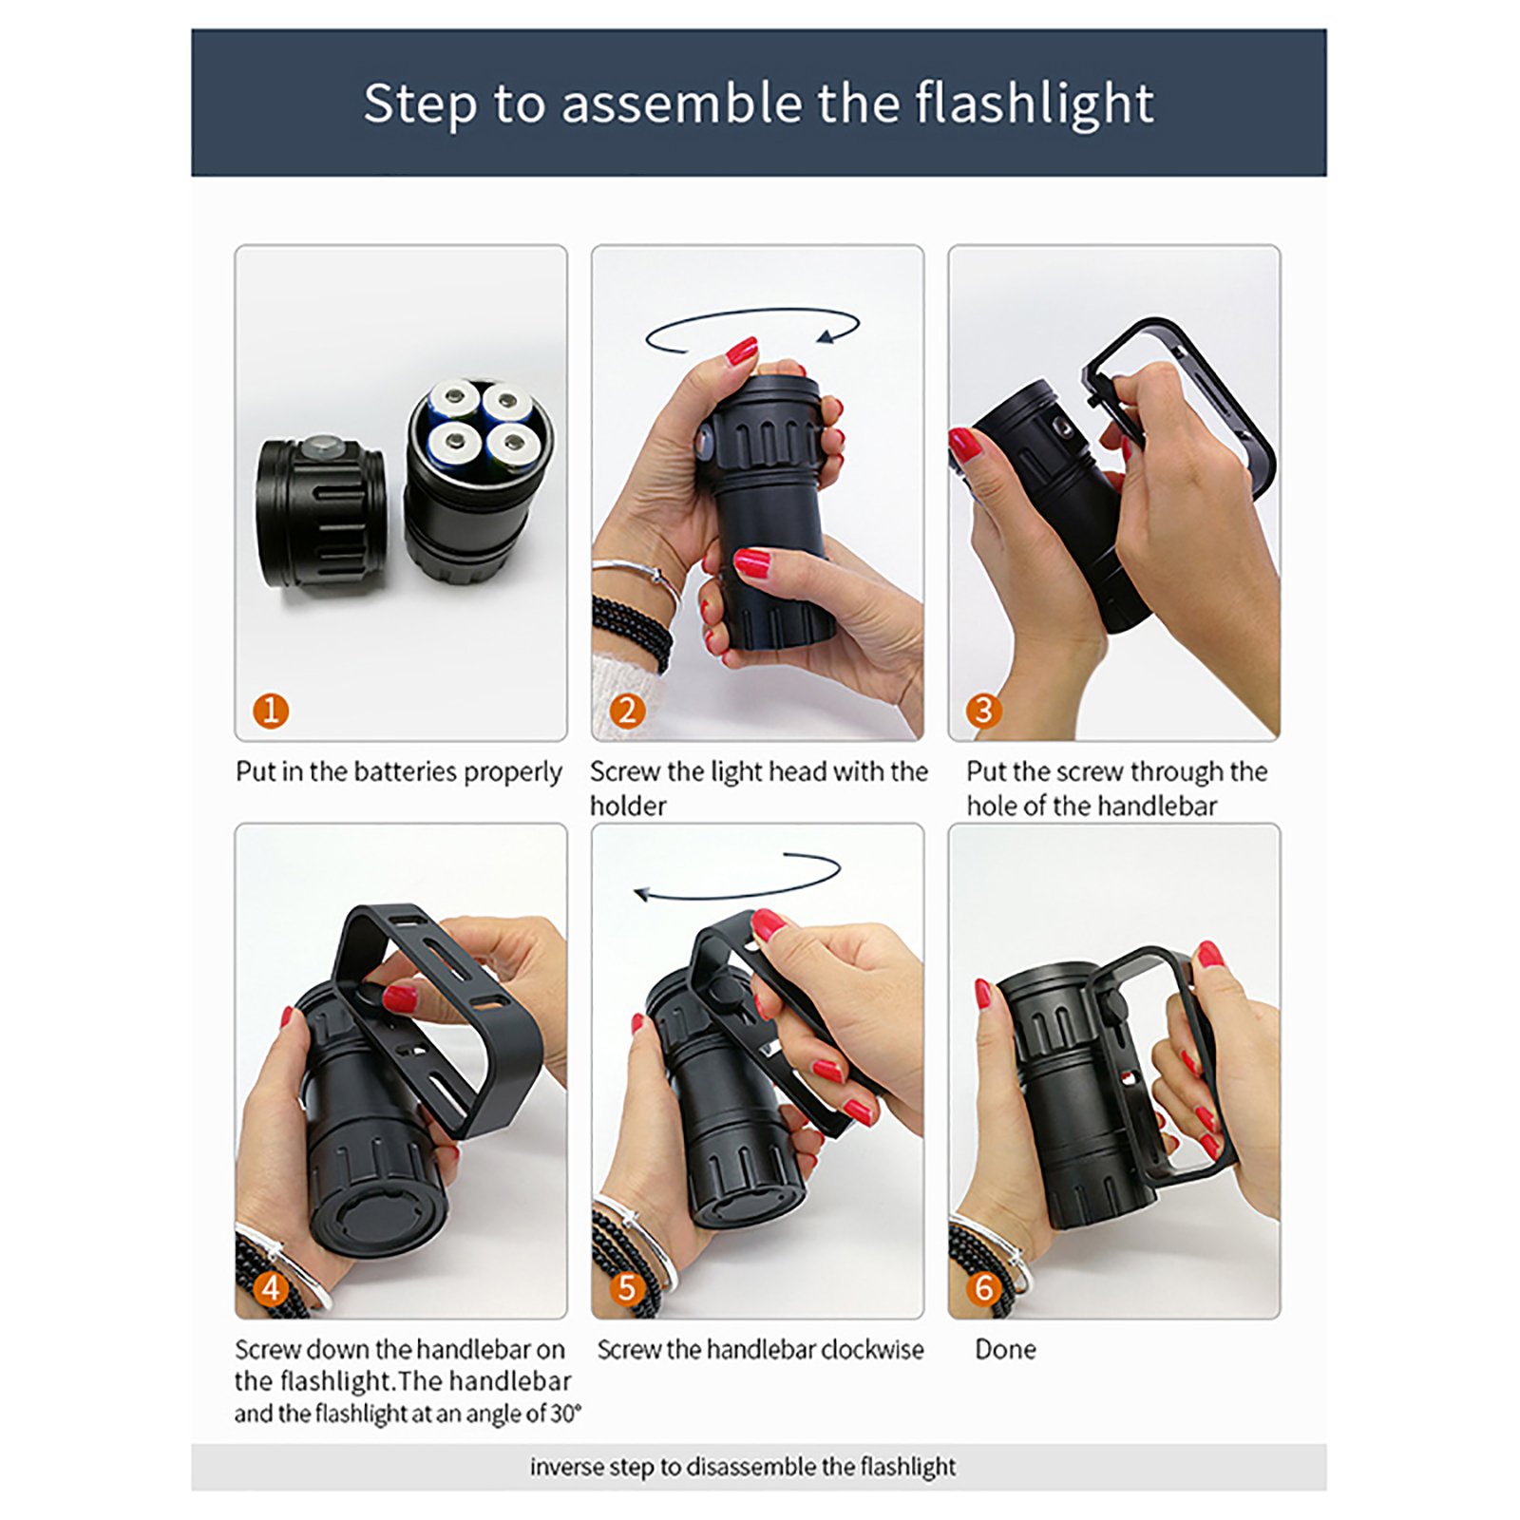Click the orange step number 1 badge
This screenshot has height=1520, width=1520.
(x=271, y=711)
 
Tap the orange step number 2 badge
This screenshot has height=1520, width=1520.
(x=627, y=711)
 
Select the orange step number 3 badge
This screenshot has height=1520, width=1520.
(x=983, y=711)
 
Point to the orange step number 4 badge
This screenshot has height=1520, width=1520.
(x=272, y=1288)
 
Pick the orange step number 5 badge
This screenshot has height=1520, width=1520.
(x=627, y=1288)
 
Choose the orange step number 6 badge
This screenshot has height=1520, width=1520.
(x=984, y=1288)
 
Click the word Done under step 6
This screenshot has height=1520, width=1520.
(x=1005, y=1349)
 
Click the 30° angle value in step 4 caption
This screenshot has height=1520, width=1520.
(x=565, y=1414)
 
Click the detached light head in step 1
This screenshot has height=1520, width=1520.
(x=321, y=514)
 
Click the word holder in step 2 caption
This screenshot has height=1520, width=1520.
(x=628, y=806)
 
